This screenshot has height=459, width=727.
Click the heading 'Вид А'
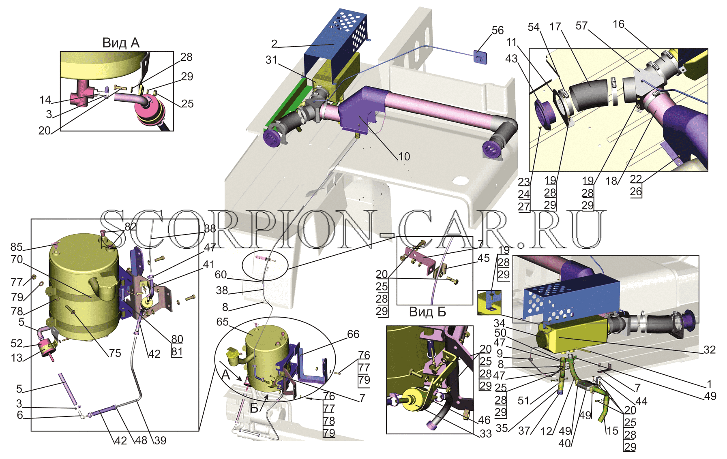pos(121,43)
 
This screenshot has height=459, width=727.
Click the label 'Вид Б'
pos(427,312)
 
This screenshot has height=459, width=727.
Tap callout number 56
pos(498,30)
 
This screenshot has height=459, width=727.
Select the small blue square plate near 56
pos(480,57)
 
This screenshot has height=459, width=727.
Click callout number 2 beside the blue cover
pos(275,43)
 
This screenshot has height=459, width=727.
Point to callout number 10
pos(404,156)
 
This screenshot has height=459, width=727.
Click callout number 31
pos(271,60)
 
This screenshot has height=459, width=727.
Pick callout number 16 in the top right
pos(618,24)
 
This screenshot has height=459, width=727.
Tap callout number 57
pos(581,26)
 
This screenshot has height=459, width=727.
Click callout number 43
pos(511,59)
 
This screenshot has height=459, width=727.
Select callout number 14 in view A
pos(45,100)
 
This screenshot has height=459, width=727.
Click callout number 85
pos(17,247)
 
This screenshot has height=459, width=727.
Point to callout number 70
pos(17,259)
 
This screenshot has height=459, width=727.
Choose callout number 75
pos(115,353)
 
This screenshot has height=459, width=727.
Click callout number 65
pos(223,322)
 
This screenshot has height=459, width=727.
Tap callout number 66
pos(353,334)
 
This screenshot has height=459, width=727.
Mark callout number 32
pos(710,349)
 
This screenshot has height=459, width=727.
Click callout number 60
pos(221,275)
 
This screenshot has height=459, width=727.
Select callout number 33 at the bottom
pos(485,433)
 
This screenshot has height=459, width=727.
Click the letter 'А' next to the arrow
pos(226,375)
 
